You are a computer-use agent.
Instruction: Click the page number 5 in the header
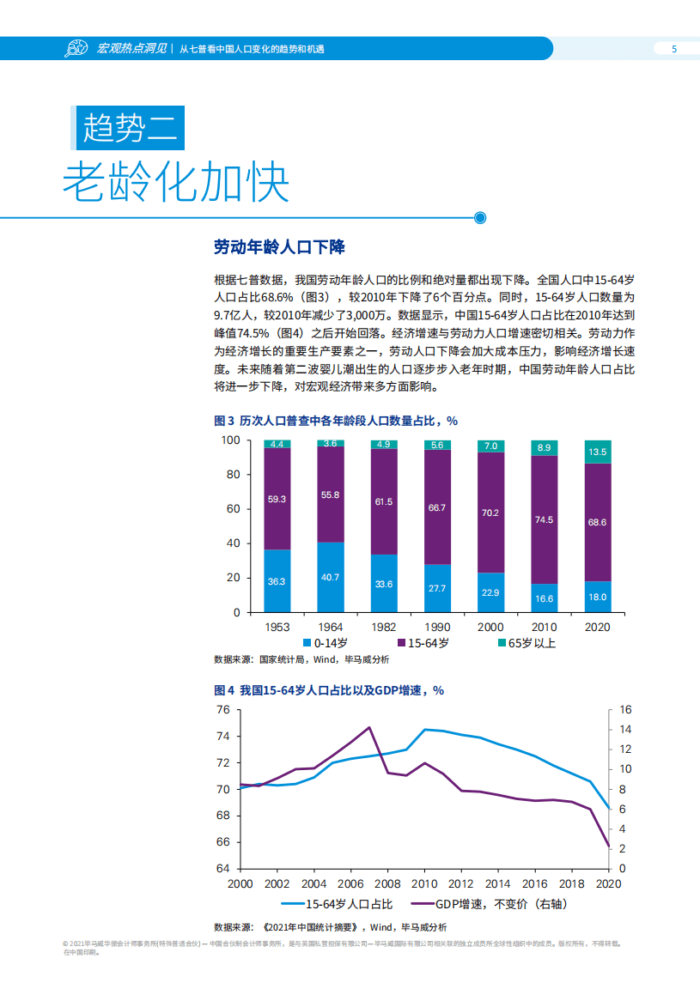(x=673, y=49)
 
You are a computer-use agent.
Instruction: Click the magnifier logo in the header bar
(x=76, y=49)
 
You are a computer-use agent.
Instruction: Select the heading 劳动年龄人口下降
(x=279, y=247)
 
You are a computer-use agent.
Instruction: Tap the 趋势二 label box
(x=128, y=129)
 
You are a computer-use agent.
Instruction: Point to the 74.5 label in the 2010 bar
(x=544, y=519)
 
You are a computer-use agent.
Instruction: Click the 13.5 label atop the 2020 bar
(x=597, y=452)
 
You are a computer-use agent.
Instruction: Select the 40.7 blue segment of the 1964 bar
(x=331, y=577)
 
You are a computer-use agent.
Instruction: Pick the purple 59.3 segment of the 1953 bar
(x=277, y=499)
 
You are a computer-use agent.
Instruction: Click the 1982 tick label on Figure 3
(x=384, y=627)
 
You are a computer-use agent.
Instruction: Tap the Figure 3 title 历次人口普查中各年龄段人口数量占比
(x=336, y=421)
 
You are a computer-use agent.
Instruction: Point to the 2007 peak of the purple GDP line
(x=368, y=727)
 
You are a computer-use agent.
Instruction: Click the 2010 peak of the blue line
(x=424, y=729)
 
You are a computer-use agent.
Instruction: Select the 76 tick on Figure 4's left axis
(x=222, y=710)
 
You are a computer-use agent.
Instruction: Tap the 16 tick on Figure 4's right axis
(x=624, y=710)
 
